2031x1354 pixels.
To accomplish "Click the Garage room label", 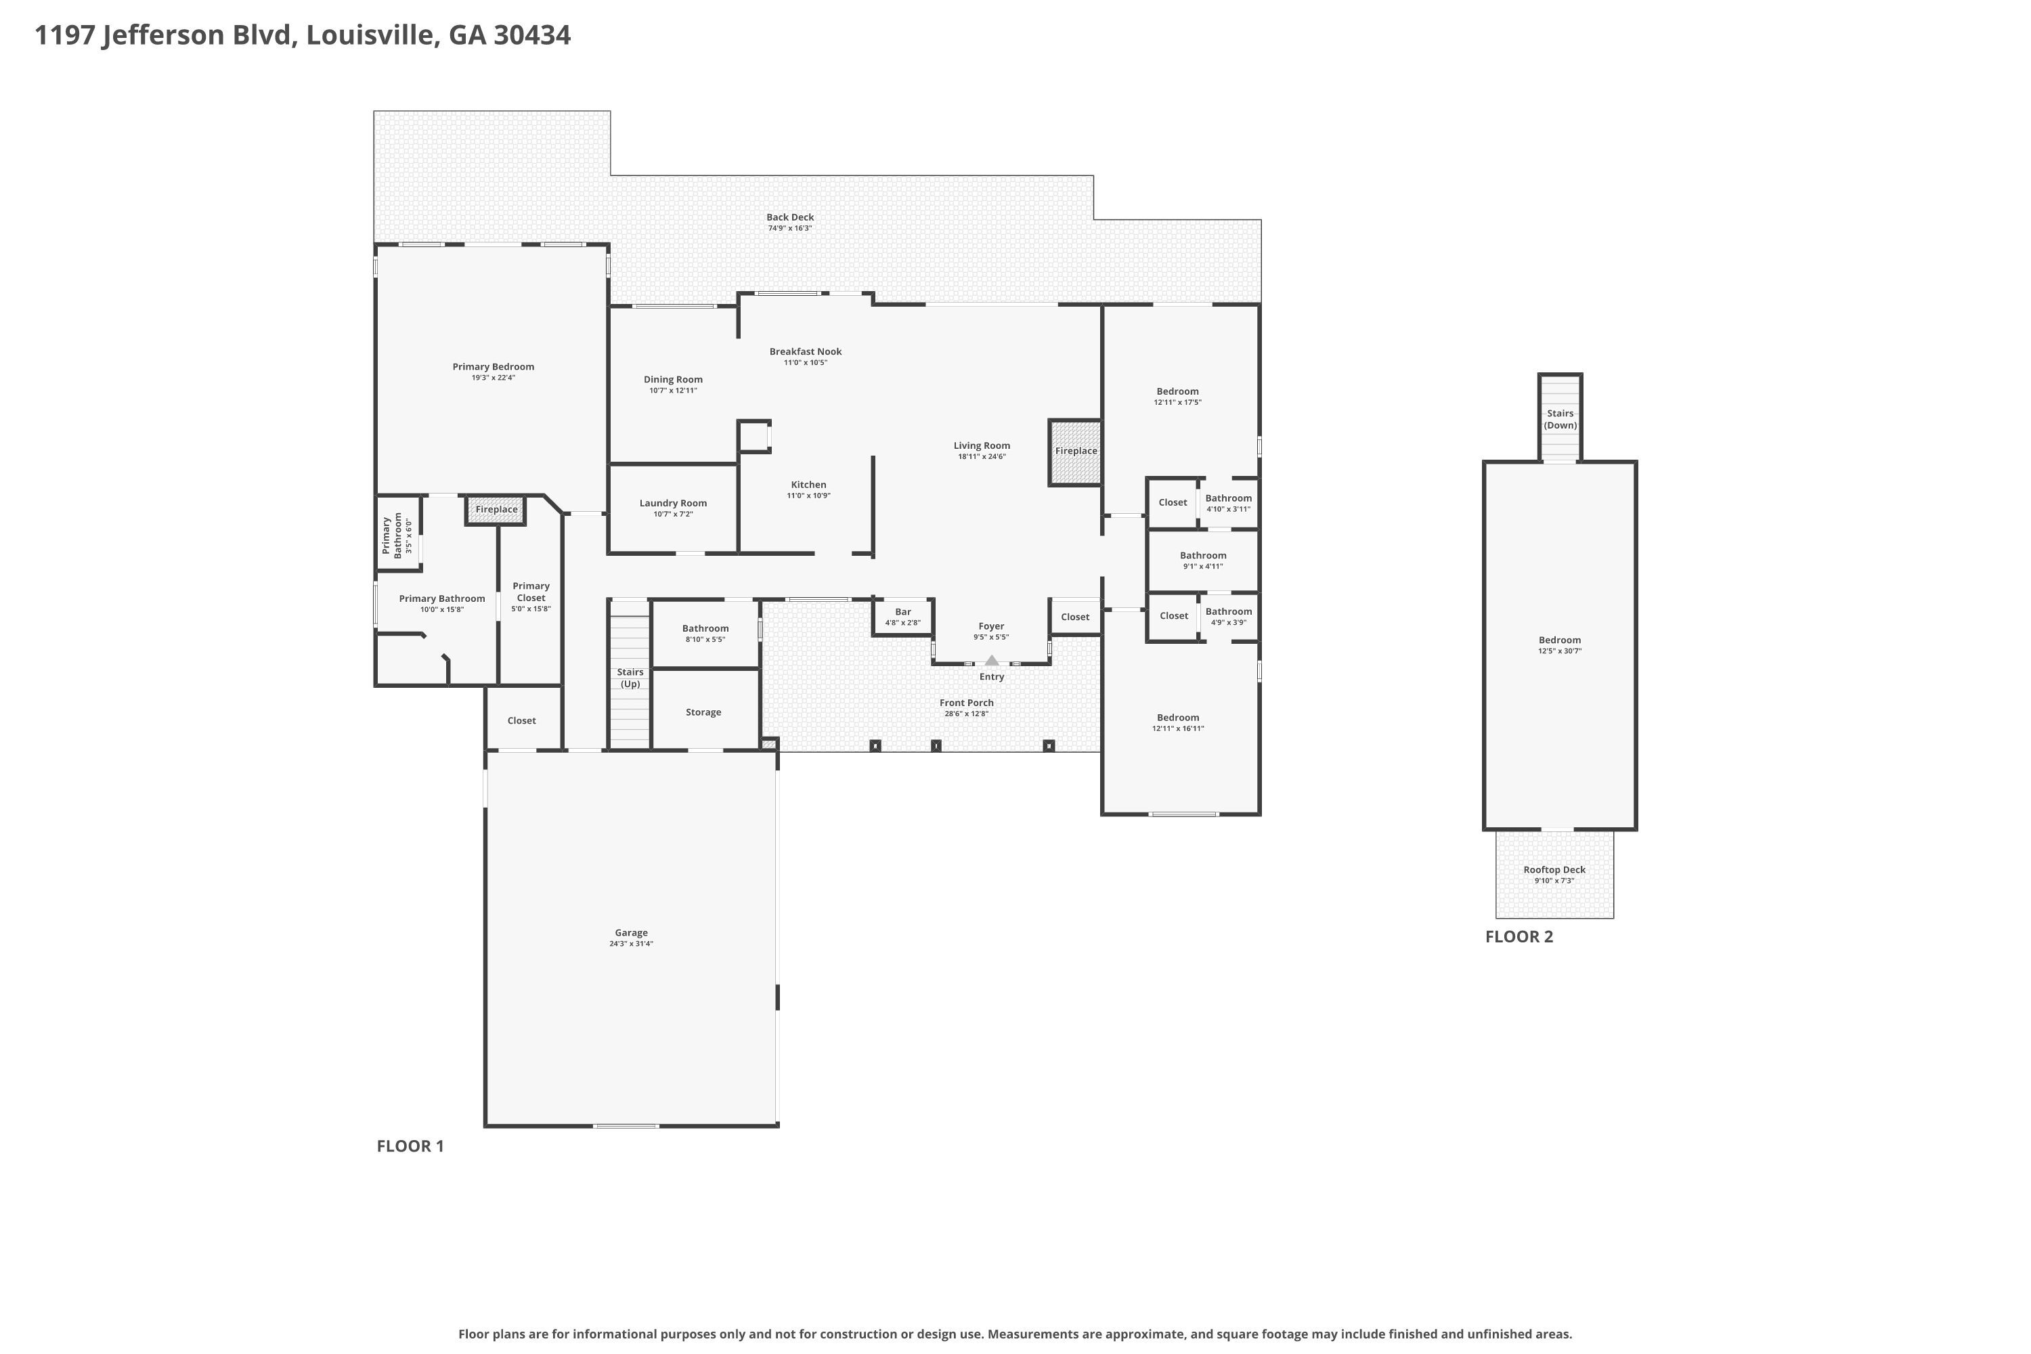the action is tap(631, 933).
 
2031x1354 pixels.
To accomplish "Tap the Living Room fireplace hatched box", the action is tap(1075, 452).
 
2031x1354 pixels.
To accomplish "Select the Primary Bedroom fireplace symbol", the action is tap(496, 510).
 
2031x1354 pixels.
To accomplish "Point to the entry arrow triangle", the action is tap(991, 661).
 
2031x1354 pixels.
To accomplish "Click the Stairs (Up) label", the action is tap(630, 678).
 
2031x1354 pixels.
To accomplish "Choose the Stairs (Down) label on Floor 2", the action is tap(1560, 419).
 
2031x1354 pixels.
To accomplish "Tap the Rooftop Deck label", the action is tap(1554, 869).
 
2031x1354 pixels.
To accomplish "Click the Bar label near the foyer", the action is tap(903, 611).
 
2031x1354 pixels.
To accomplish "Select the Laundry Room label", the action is tap(674, 502).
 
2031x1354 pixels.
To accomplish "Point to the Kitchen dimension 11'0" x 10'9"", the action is tap(808, 496).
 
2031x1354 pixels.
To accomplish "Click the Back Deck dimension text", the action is tap(790, 228).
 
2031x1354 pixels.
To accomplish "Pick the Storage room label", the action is tap(704, 712).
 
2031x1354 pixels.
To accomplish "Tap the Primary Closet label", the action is tap(531, 592).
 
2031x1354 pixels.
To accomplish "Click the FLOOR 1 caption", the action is tap(410, 1146).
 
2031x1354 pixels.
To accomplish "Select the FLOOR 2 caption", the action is tap(1519, 937).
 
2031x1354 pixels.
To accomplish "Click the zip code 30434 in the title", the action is tap(532, 35).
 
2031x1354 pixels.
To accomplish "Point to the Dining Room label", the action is tap(674, 379).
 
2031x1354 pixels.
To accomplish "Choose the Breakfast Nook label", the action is tap(806, 351).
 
